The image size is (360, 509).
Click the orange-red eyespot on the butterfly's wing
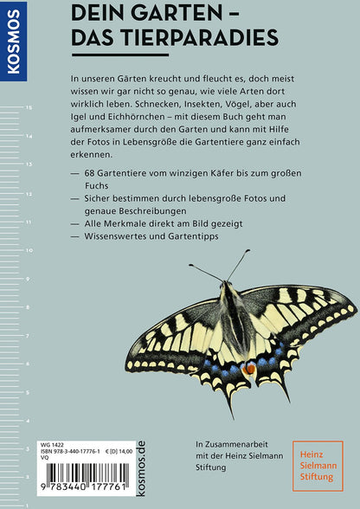point(249,369)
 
